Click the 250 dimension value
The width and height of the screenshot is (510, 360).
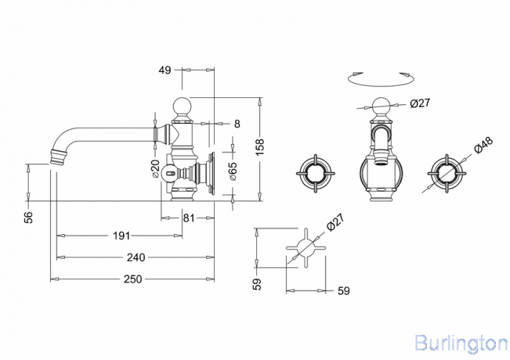tap(133, 279)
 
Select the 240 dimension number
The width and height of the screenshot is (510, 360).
tap(135, 257)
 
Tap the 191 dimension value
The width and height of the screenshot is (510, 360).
tap(121, 235)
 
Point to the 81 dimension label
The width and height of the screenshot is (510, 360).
tap(188, 218)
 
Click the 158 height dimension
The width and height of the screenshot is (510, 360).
tap(260, 146)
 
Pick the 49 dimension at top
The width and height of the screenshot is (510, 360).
tap(165, 70)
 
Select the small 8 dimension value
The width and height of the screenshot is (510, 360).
tap(237, 124)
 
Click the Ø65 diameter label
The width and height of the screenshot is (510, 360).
tap(233, 171)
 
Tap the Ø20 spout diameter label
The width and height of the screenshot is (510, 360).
tap(155, 169)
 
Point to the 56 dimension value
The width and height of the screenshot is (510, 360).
tap(29, 217)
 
